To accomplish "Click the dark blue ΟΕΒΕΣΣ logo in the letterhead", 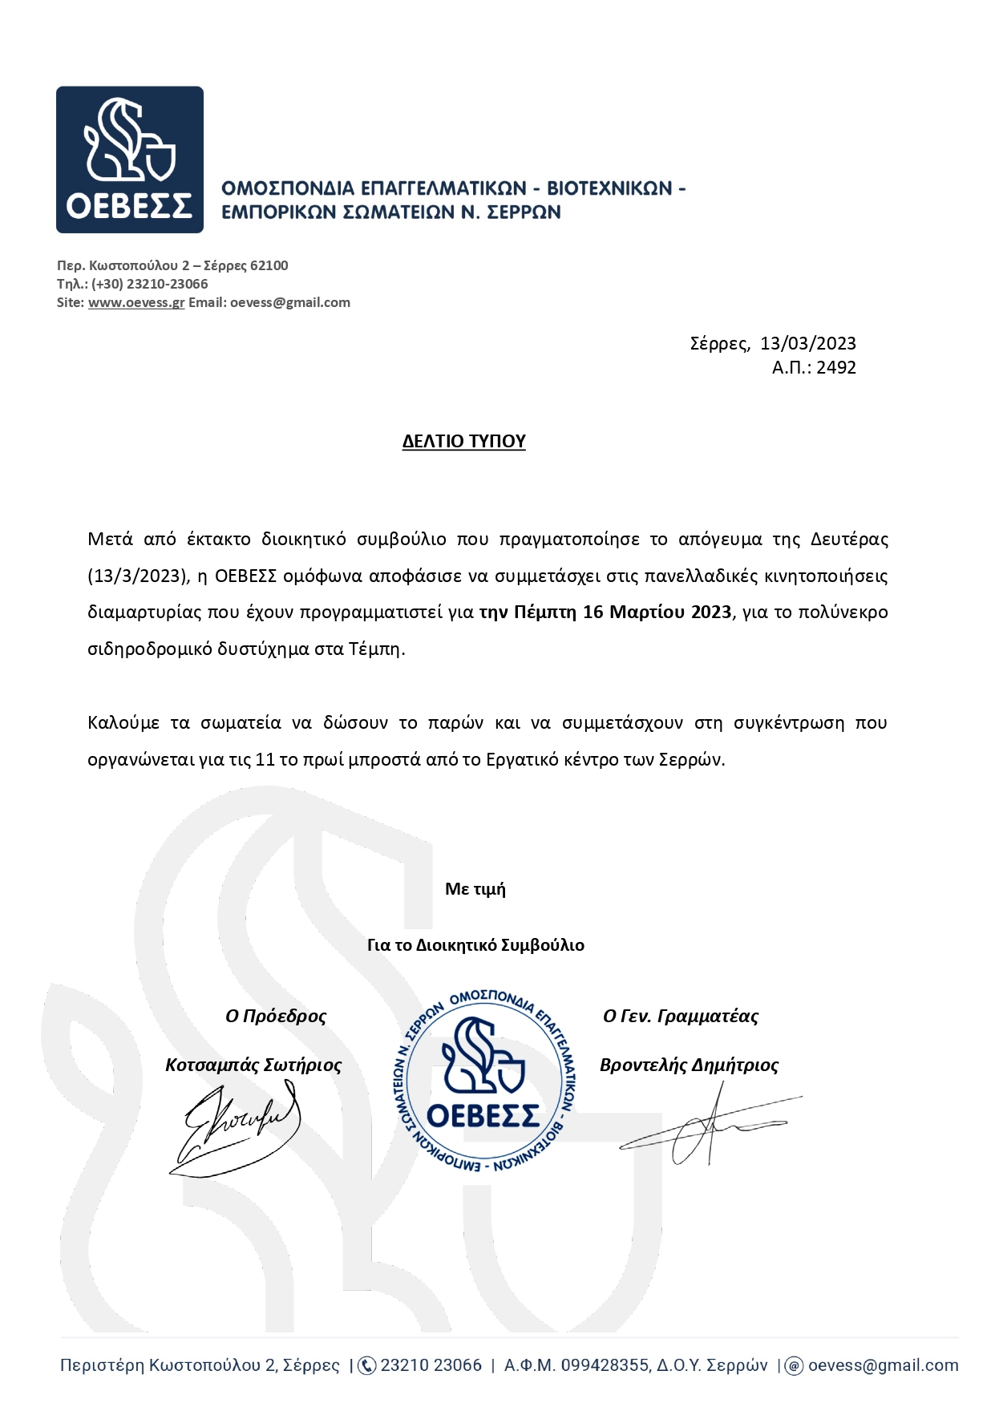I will (129, 160).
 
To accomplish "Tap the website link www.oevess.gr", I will (136, 302).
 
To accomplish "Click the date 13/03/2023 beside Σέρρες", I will (807, 343).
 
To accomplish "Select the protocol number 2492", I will (836, 367).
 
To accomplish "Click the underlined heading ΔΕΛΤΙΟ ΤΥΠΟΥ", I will (463, 441).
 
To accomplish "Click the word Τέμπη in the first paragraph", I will (375, 649).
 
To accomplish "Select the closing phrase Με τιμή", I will (475, 888).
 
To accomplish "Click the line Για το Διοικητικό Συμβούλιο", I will (475, 944).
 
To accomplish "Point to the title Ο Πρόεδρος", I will (276, 1016).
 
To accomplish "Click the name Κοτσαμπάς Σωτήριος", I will (253, 1065).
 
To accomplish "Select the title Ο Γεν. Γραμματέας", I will (681, 1016).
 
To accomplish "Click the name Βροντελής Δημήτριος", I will (690, 1065).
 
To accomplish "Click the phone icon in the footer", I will (366, 1365).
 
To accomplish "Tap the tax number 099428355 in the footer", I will (605, 1365).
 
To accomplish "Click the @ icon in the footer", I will (794, 1365).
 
